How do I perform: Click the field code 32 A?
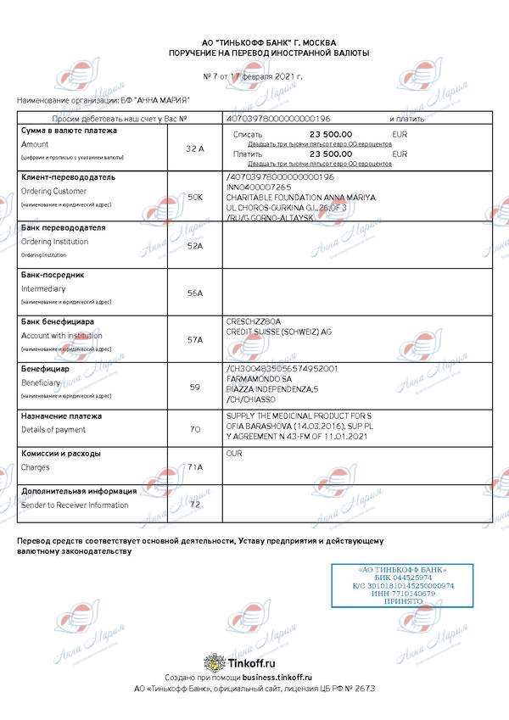coord(194,148)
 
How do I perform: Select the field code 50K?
coord(194,197)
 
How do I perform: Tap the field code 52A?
coord(194,245)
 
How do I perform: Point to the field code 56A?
coord(194,293)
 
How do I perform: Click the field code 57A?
coord(194,339)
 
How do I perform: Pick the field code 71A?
coord(194,467)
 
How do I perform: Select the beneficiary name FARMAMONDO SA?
coord(258,379)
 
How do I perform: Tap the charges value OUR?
coord(235,454)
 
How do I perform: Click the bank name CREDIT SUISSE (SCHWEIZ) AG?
coord(278,331)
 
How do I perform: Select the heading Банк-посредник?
coord(53,275)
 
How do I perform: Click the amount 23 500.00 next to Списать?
coord(331,135)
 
